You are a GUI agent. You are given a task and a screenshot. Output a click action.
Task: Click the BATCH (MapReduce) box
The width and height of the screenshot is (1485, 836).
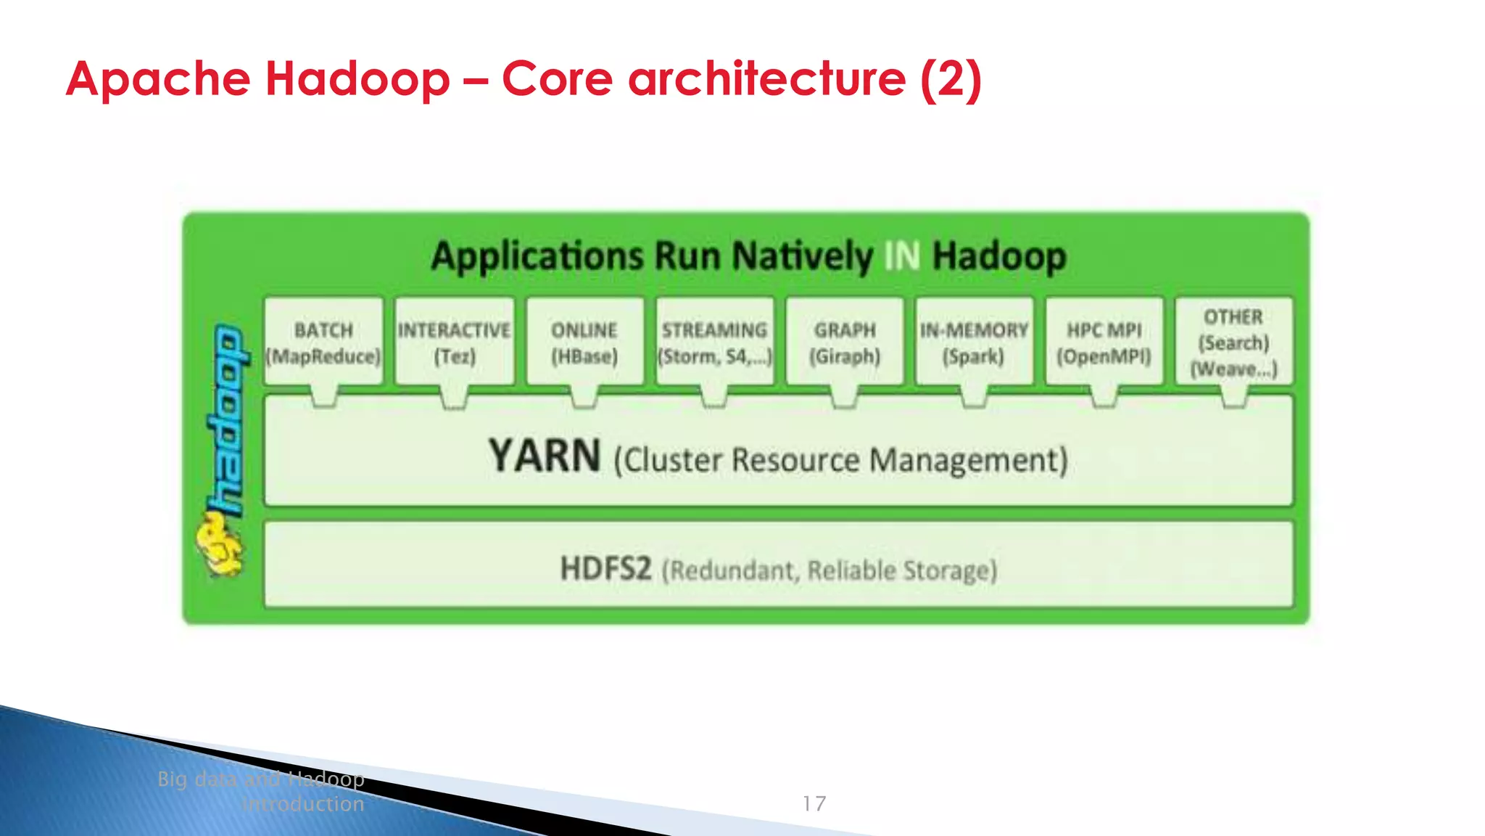click(323, 342)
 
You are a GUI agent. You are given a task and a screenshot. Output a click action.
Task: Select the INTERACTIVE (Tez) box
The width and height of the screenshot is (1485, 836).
click(454, 342)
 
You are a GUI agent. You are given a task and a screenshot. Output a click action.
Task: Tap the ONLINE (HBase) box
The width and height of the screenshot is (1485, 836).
click(584, 342)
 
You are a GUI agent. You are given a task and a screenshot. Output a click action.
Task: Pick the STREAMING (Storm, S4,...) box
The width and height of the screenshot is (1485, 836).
click(714, 342)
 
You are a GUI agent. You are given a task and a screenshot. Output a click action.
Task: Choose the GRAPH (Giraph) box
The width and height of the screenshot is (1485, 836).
click(845, 342)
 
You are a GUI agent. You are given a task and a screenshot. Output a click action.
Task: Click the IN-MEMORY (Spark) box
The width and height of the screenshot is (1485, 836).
click(974, 342)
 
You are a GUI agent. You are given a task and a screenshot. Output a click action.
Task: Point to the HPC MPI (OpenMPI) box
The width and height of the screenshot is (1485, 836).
click(1104, 342)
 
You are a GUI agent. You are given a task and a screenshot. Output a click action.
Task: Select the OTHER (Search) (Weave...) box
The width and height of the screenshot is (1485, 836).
click(1233, 342)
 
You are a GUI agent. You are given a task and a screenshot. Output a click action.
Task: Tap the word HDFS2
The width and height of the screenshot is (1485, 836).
click(605, 568)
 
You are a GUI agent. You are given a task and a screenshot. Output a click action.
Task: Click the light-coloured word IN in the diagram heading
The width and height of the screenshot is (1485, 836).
click(902, 256)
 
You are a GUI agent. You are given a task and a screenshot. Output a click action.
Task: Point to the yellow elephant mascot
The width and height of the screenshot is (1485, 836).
click(219, 544)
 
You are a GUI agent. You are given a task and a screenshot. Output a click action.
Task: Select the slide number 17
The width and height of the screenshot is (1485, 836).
click(814, 803)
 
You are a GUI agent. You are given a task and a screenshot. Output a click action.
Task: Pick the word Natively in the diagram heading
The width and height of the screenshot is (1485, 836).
click(802, 256)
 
